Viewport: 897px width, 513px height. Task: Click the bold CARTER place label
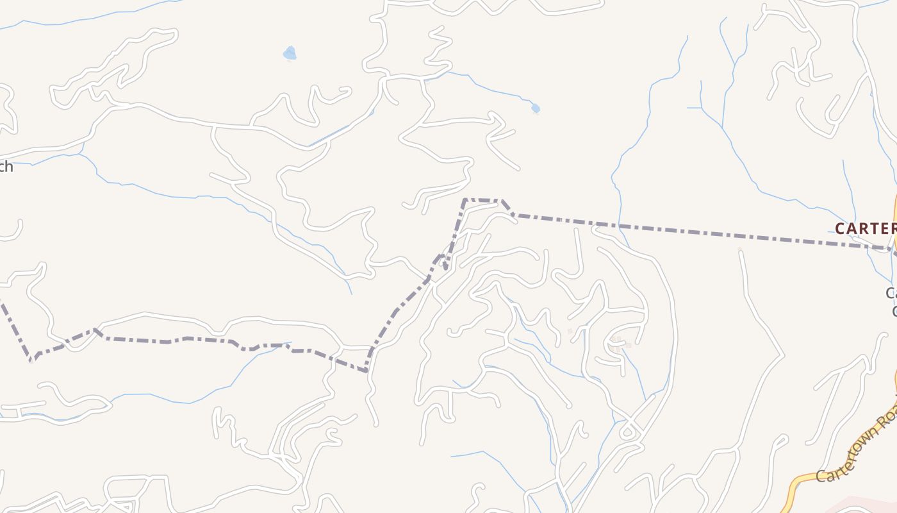[x=865, y=228]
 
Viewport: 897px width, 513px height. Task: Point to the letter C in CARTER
[x=841, y=228]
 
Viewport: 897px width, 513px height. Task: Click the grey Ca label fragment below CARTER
[x=891, y=293]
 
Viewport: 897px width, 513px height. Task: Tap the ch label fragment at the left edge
[x=6, y=167]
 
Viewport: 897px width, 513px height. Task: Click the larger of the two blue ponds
[x=290, y=53]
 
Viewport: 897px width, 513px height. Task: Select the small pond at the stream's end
[x=536, y=108]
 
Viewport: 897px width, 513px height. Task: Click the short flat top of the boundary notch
[x=482, y=200]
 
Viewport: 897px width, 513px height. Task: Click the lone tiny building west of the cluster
[x=570, y=332]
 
